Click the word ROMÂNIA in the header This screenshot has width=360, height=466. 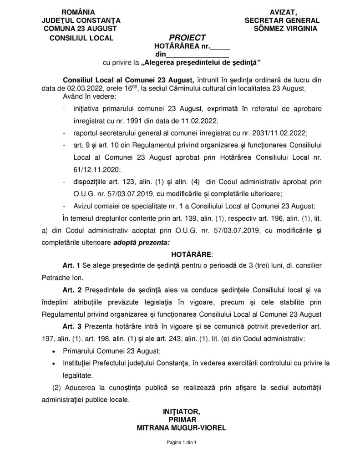[x=81, y=12]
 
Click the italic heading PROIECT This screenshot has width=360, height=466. [x=188, y=37]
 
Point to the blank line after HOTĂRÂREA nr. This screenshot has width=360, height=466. [x=220, y=46]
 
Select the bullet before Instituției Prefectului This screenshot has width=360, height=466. [x=54, y=364]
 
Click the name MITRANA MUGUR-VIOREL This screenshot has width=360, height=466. [x=181, y=428]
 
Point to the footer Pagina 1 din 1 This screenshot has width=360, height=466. [x=181, y=442]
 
